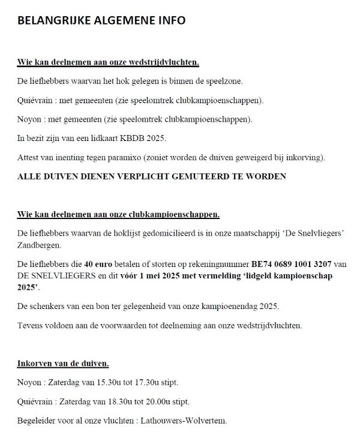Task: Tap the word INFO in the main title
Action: (x=172, y=21)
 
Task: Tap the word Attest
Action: (x=28, y=158)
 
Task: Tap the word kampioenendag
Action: (x=220, y=307)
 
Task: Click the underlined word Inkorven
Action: (x=35, y=364)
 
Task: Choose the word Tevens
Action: (x=29, y=326)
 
